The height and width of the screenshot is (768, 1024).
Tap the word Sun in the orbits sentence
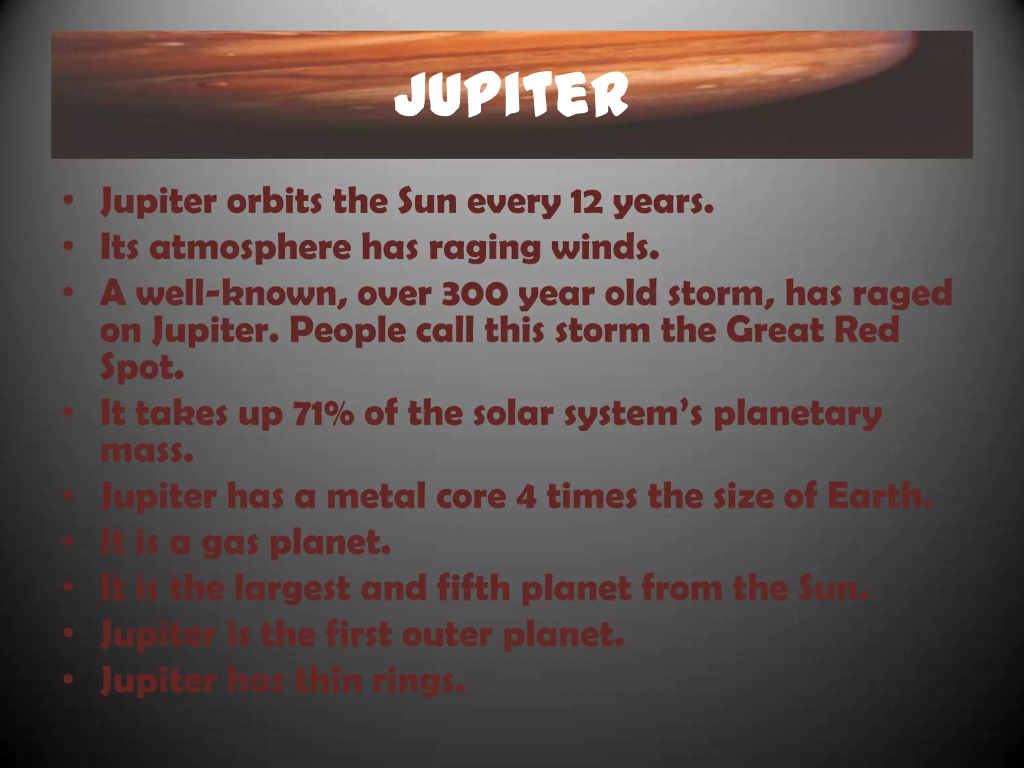[427, 202]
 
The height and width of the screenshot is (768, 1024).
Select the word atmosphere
[250, 248]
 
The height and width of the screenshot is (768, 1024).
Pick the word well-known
[243, 294]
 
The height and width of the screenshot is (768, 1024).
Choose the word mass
[146, 451]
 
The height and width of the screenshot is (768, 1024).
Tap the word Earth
[880, 496]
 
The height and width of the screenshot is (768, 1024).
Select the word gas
[229, 544]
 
